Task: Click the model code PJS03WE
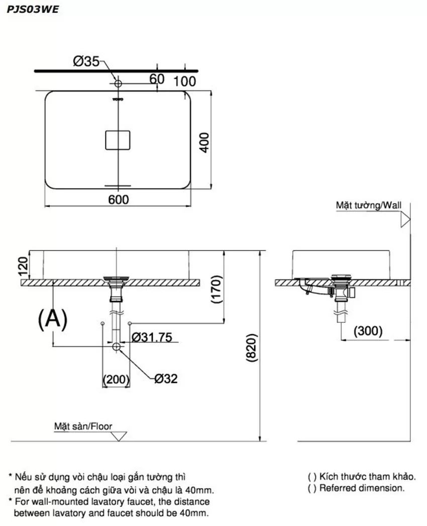[x=33, y=9]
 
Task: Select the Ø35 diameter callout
[x=86, y=61]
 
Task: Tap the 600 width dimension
[x=119, y=200]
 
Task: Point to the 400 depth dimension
[x=204, y=143]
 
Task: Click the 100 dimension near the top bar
[x=185, y=81]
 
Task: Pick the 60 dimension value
[x=157, y=79]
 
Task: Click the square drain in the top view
[x=118, y=140]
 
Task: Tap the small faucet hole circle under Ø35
[x=118, y=82]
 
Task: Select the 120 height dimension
[x=23, y=266]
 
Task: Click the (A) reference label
[x=53, y=319]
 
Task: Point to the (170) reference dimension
[x=217, y=289]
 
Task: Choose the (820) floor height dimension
[x=252, y=347]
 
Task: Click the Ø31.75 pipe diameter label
[x=152, y=337]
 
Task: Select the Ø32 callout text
[x=166, y=379]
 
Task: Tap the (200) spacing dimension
[x=116, y=379]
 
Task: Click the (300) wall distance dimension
[x=368, y=331]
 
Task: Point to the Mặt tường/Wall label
[x=369, y=205]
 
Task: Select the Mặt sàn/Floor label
[x=83, y=426]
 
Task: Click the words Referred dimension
[x=362, y=488]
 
